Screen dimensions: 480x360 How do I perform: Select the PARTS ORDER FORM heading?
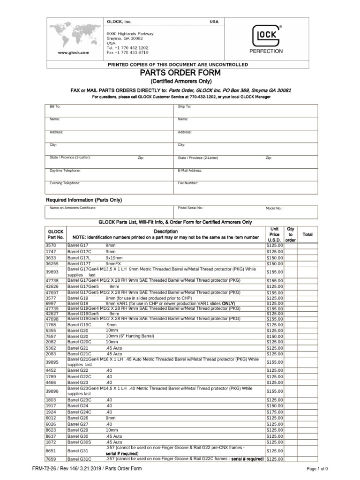coord(178,73)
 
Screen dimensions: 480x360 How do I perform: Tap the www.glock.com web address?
coord(74,53)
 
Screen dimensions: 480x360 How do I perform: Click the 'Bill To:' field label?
coord(55,107)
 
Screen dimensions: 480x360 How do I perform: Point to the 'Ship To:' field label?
coord(185,107)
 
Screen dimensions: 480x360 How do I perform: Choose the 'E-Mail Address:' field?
coord(190,171)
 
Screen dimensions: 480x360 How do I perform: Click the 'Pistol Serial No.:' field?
coord(191,207)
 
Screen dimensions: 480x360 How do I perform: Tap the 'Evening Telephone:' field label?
coord(65,183)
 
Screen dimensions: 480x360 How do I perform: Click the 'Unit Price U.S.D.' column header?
coord(274,234)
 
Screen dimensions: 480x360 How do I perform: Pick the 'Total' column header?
coord(307,234)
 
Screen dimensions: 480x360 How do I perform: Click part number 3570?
coord(51,245)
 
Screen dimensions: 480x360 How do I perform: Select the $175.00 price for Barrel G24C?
coord(274,412)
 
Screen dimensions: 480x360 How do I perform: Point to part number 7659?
coord(51,459)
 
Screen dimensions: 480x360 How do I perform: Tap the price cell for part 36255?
coord(274,263)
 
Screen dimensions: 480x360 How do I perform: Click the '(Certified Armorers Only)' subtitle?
coord(178,81)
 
